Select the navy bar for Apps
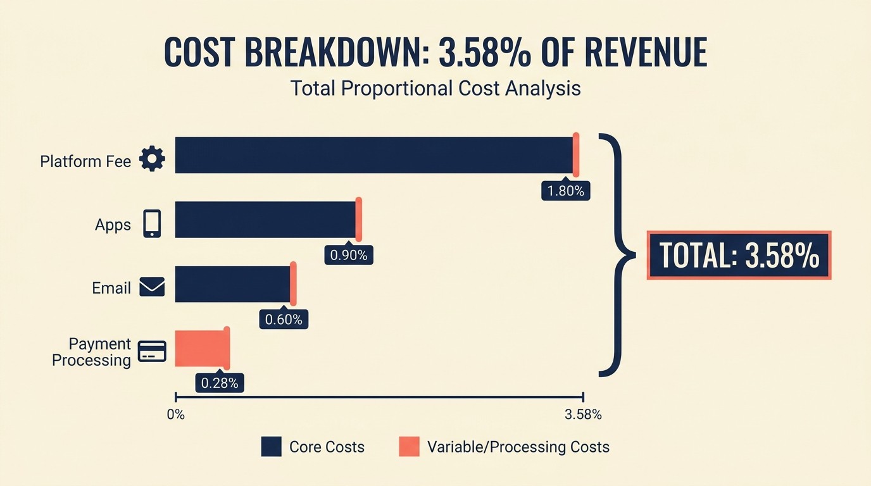coord(266,220)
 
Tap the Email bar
coord(233,284)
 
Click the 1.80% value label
coord(565,190)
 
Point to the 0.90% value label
coord(349,255)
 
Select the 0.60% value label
coord(284,320)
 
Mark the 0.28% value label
coord(220,383)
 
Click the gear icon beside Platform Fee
coord(152,159)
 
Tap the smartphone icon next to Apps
coord(152,223)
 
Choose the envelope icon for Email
coord(152,287)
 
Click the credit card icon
coord(152,351)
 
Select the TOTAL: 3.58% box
coord(739,255)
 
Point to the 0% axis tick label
coord(175,415)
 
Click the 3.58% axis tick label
coord(582,415)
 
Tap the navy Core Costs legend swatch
coord(271,447)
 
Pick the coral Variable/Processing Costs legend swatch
coord(409,447)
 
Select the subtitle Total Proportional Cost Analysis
coord(435,88)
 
